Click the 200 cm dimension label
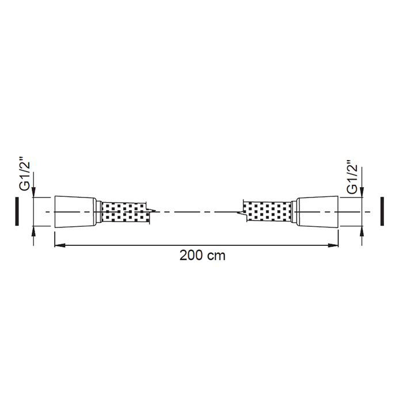pyautogui.click(x=202, y=256)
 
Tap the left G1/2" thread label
pyautogui.click(x=25, y=176)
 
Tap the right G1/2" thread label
pyautogui.click(x=352, y=177)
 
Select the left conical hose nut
pyautogui.click(x=75, y=211)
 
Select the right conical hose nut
pyautogui.click(x=317, y=211)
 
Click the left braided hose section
pyautogui.click(x=126, y=212)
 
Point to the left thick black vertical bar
pyautogui.click(x=17, y=211)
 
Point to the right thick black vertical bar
pyautogui.click(x=382, y=211)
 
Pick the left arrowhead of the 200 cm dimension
pyautogui.click(x=59, y=245)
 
